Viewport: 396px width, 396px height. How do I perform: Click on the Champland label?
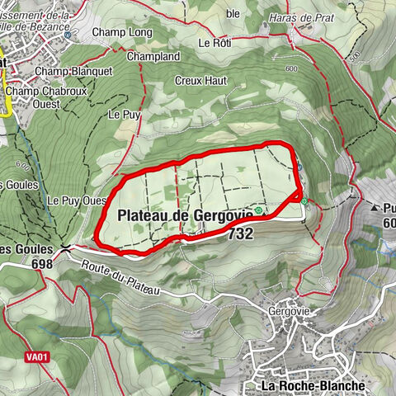coord(153,57)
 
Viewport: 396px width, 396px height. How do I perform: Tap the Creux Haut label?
coord(196,81)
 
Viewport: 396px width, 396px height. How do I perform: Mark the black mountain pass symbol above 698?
coord(65,247)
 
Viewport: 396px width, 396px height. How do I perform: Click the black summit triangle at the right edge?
coord(374,207)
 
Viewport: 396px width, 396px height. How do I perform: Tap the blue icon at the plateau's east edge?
coord(300,167)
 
